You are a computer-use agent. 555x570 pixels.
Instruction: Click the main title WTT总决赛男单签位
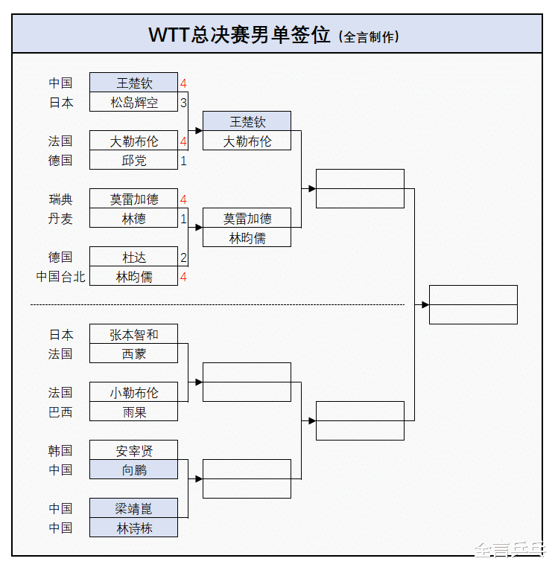(239, 35)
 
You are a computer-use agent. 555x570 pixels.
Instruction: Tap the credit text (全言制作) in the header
(369, 36)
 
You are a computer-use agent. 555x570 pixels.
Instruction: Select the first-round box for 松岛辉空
(133, 102)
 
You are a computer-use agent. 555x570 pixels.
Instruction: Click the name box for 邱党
(133, 160)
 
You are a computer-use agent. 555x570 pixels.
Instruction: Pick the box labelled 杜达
(133, 257)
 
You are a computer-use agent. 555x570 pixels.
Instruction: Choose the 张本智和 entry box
(133, 333)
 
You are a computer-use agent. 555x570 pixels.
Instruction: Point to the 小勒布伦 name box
(133, 392)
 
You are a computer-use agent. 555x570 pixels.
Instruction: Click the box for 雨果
(133, 412)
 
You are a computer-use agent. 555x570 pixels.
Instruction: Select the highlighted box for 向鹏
(133, 470)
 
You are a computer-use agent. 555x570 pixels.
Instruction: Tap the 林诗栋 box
(133, 528)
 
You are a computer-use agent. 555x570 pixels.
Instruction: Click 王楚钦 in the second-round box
(247, 121)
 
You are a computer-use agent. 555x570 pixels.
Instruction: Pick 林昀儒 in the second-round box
(247, 237)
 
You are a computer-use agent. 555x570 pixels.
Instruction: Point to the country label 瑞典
(61, 199)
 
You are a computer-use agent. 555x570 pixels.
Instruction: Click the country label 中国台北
(61, 277)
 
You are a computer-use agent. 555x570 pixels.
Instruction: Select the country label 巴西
(61, 412)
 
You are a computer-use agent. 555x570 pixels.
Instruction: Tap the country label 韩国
(61, 451)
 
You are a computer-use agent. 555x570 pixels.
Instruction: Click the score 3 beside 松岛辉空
(183, 103)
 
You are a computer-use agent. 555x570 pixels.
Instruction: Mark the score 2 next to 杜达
(183, 257)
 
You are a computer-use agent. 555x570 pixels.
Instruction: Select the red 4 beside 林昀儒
(183, 277)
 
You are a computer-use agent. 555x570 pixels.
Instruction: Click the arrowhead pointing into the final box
(425, 304)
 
